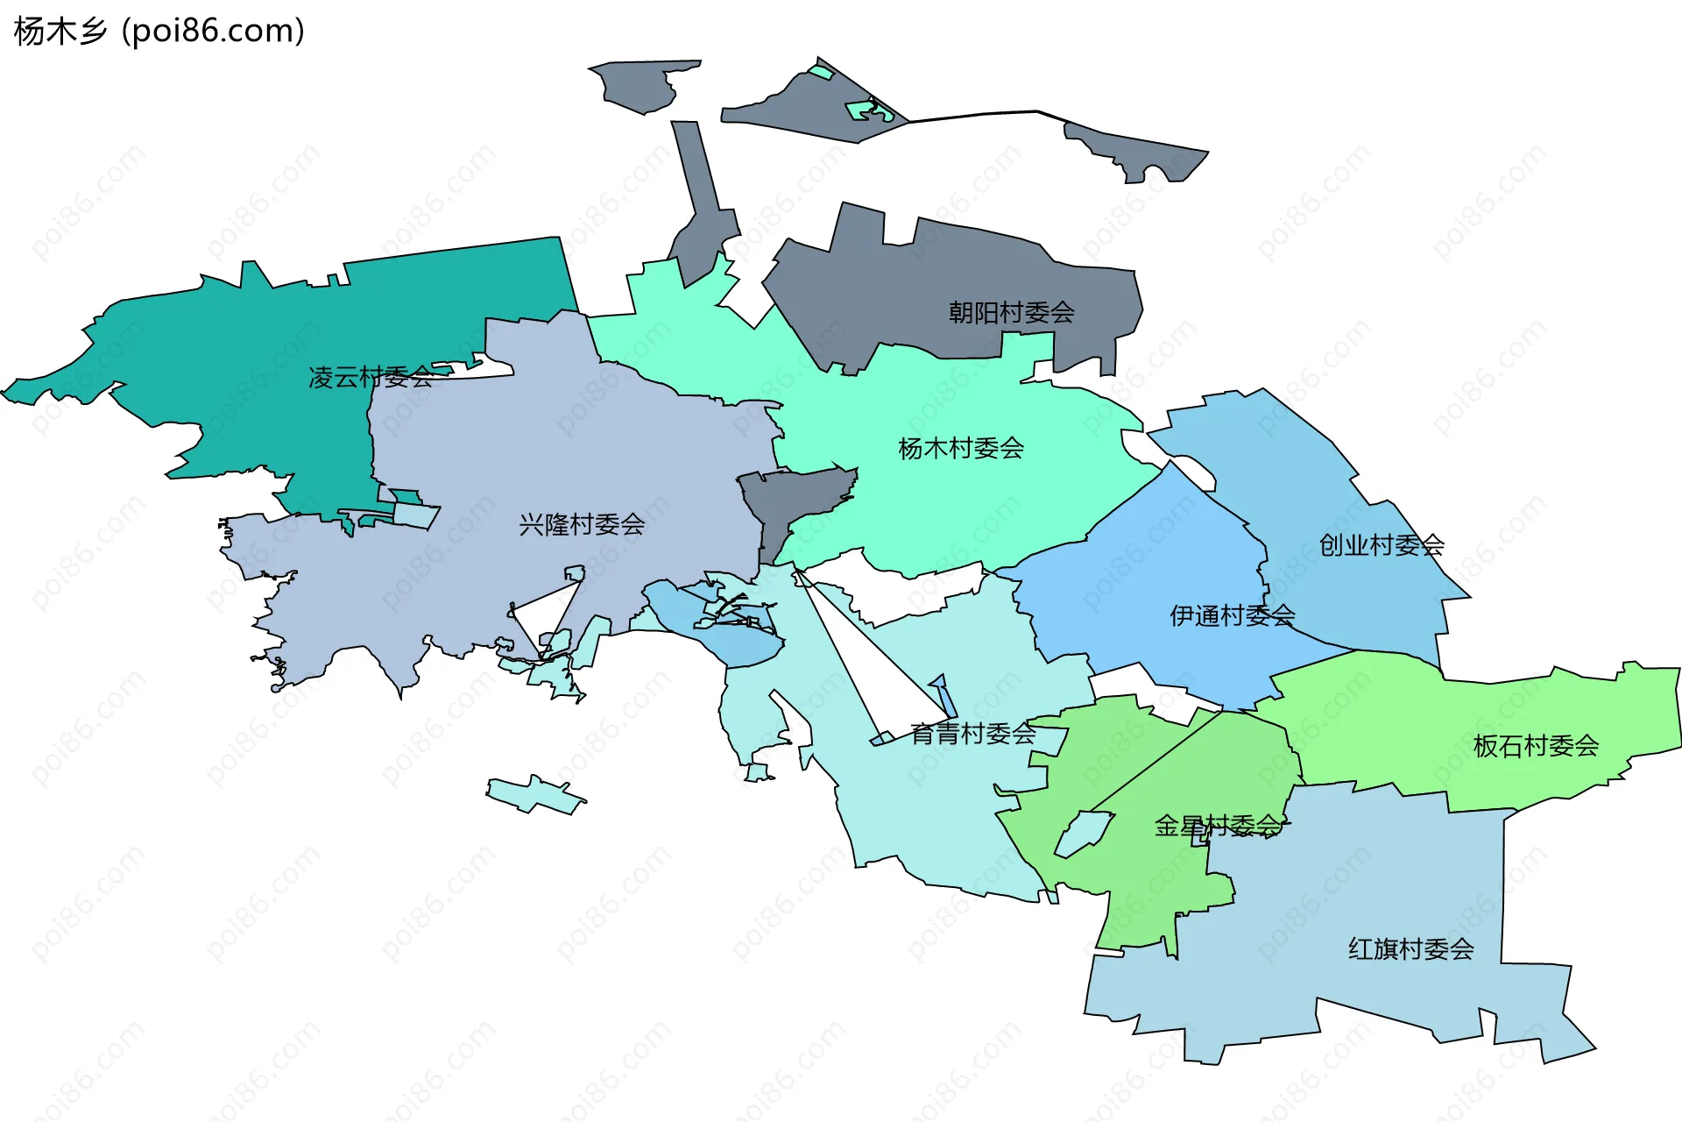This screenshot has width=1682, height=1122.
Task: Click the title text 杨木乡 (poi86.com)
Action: point(159,32)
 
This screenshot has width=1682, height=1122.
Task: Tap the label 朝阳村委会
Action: point(1011,312)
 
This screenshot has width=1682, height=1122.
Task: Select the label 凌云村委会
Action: point(371,378)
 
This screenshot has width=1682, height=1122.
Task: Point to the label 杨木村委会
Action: point(961,449)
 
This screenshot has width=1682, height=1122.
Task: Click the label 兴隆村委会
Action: point(582,525)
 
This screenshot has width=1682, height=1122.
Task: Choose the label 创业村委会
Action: point(1382,545)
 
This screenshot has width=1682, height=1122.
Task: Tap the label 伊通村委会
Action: point(1232,616)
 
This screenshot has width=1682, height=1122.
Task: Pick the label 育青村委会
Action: point(972,734)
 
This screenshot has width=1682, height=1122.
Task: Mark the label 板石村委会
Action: point(1536,746)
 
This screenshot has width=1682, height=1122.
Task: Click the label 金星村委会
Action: point(1218,826)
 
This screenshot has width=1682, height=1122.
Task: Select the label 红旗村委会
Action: point(1410,949)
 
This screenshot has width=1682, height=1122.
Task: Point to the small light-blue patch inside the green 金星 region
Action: point(1082,833)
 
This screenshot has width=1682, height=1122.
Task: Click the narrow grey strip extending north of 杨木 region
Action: point(701,202)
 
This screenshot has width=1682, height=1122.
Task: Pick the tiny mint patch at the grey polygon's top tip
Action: point(821,72)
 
